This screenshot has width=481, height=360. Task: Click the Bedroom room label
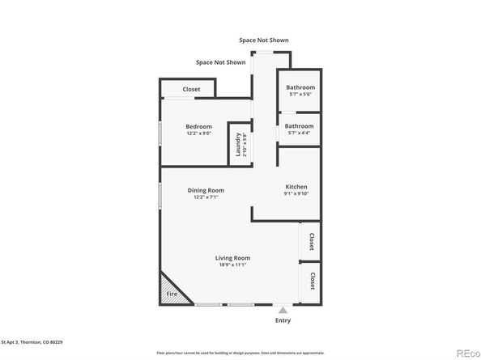198,126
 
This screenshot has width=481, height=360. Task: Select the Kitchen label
296,186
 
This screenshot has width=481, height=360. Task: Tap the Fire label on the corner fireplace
172,294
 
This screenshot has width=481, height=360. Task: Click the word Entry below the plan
283,320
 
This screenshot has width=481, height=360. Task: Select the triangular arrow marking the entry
283,309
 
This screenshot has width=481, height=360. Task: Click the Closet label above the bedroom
191,89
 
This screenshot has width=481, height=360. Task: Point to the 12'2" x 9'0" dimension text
198,133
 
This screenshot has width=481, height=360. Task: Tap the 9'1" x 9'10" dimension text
296,193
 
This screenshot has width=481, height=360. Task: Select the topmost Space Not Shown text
263,40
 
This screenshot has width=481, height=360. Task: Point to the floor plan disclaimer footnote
240,353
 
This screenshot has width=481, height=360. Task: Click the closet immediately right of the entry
311,281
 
